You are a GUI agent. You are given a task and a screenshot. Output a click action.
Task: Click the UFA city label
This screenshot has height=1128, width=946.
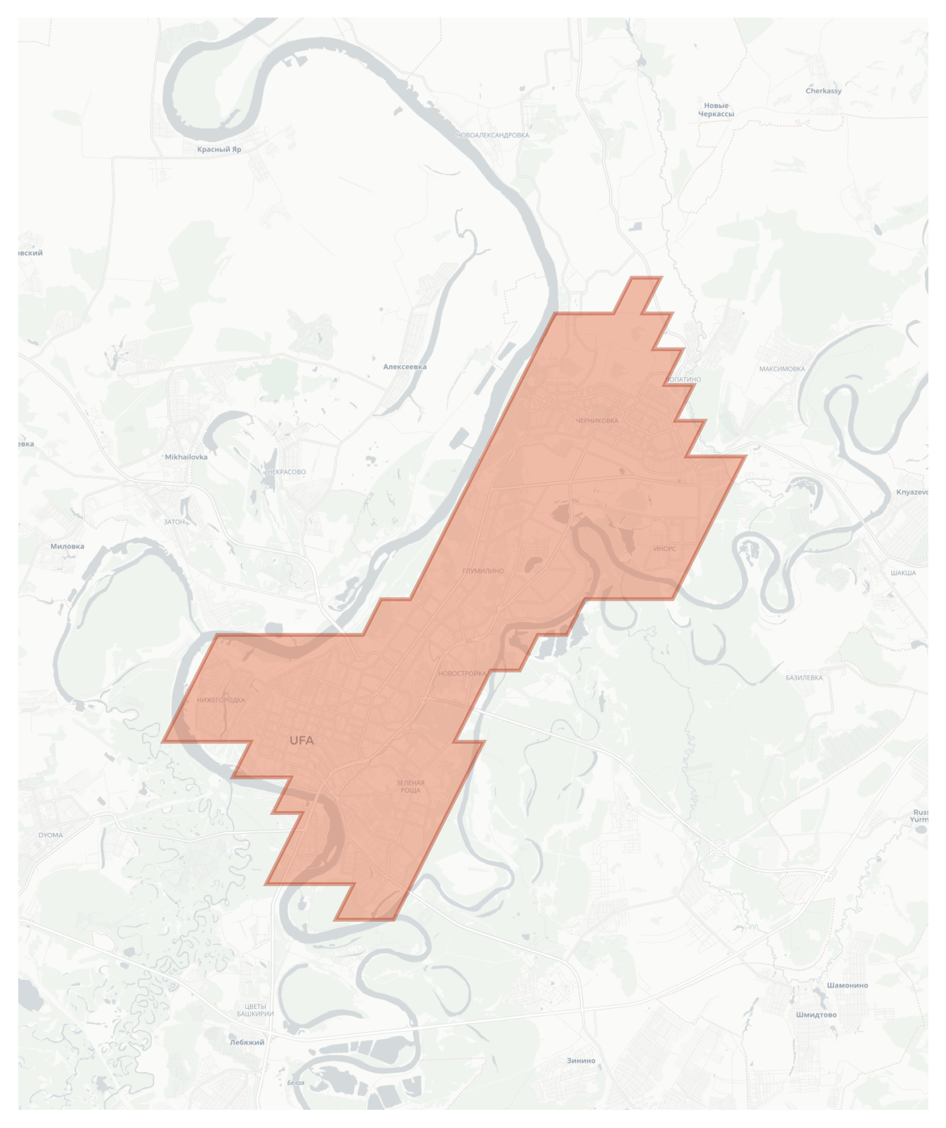point(302,740)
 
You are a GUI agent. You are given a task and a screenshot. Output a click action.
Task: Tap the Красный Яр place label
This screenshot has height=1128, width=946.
point(219,149)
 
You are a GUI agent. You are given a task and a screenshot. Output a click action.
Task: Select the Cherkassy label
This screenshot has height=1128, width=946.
point(823,91)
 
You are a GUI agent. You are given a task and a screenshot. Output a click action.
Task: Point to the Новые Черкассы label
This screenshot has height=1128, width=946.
point(716,110)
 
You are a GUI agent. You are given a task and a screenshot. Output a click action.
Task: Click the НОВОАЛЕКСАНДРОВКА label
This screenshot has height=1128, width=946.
point(492,135)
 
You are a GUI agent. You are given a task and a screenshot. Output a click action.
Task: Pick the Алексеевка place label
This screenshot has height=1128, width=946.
point(405,366)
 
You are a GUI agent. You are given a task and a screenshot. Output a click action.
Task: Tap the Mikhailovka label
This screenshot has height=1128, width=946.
point(186,457)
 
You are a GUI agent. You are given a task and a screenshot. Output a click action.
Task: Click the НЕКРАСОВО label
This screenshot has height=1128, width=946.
point(286,471)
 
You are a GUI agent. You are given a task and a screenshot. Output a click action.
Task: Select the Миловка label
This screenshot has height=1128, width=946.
point(67,546)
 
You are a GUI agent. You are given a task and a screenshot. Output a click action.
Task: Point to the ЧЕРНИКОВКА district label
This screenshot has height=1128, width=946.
point(597,420)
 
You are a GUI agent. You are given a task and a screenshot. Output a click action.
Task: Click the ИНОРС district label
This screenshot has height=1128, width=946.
point(664,549)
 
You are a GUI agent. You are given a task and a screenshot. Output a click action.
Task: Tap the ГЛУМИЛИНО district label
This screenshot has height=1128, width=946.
point(483,571)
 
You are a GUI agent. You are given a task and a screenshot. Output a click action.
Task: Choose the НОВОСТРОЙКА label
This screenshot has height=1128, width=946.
point(462,674)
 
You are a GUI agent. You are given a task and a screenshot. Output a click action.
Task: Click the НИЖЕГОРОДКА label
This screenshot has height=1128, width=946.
point(221,700)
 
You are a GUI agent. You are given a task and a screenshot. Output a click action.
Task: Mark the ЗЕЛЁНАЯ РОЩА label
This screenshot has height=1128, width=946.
point(410,786)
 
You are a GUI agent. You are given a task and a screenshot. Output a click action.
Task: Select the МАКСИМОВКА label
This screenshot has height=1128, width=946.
point(782,369)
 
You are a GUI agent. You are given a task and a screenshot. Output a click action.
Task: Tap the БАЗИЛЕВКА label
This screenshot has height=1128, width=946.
point(804,678)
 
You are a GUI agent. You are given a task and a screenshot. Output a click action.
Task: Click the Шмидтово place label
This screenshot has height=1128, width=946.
point(816,1015)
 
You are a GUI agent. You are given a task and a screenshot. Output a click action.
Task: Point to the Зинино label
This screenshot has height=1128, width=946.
point(581,1061)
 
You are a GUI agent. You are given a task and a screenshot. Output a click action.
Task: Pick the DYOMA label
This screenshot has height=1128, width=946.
point(50,835)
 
